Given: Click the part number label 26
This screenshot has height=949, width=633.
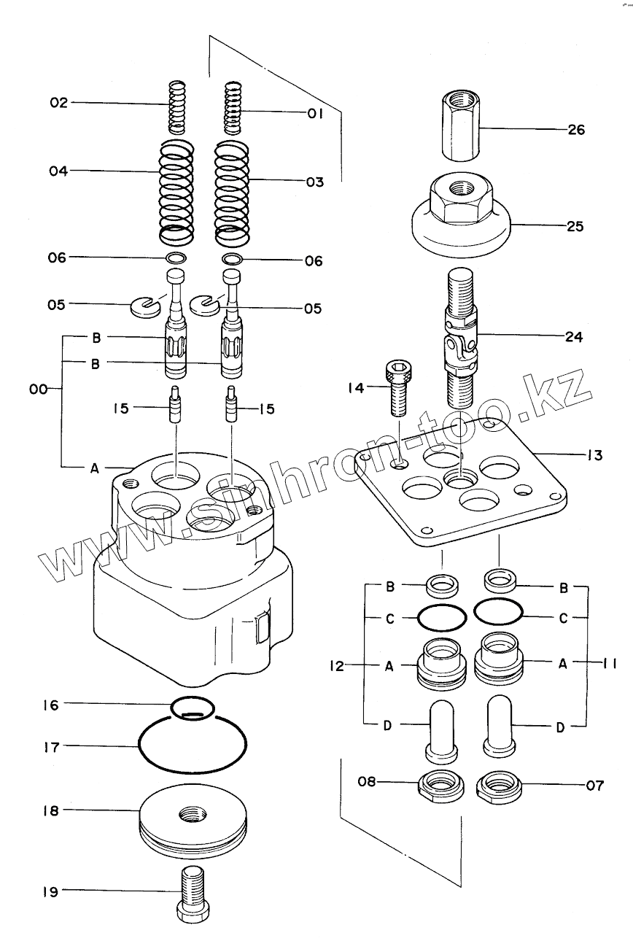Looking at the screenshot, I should [575, 131].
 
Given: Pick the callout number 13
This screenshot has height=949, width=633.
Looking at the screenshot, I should [594, 456].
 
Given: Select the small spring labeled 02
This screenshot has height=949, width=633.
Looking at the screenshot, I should [176, 107].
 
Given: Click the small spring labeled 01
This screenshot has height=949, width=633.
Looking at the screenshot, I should [232, 107].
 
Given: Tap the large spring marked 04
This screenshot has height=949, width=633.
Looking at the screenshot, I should [177, 193].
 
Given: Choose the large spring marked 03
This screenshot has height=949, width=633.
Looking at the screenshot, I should [232, 193].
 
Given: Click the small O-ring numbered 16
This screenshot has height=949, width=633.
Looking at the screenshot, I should [193, 707].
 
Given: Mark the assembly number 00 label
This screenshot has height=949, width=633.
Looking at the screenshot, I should [39, 390].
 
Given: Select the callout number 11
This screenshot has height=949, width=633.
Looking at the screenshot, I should [610, 663].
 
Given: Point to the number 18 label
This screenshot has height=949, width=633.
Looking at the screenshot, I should [50, 810].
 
